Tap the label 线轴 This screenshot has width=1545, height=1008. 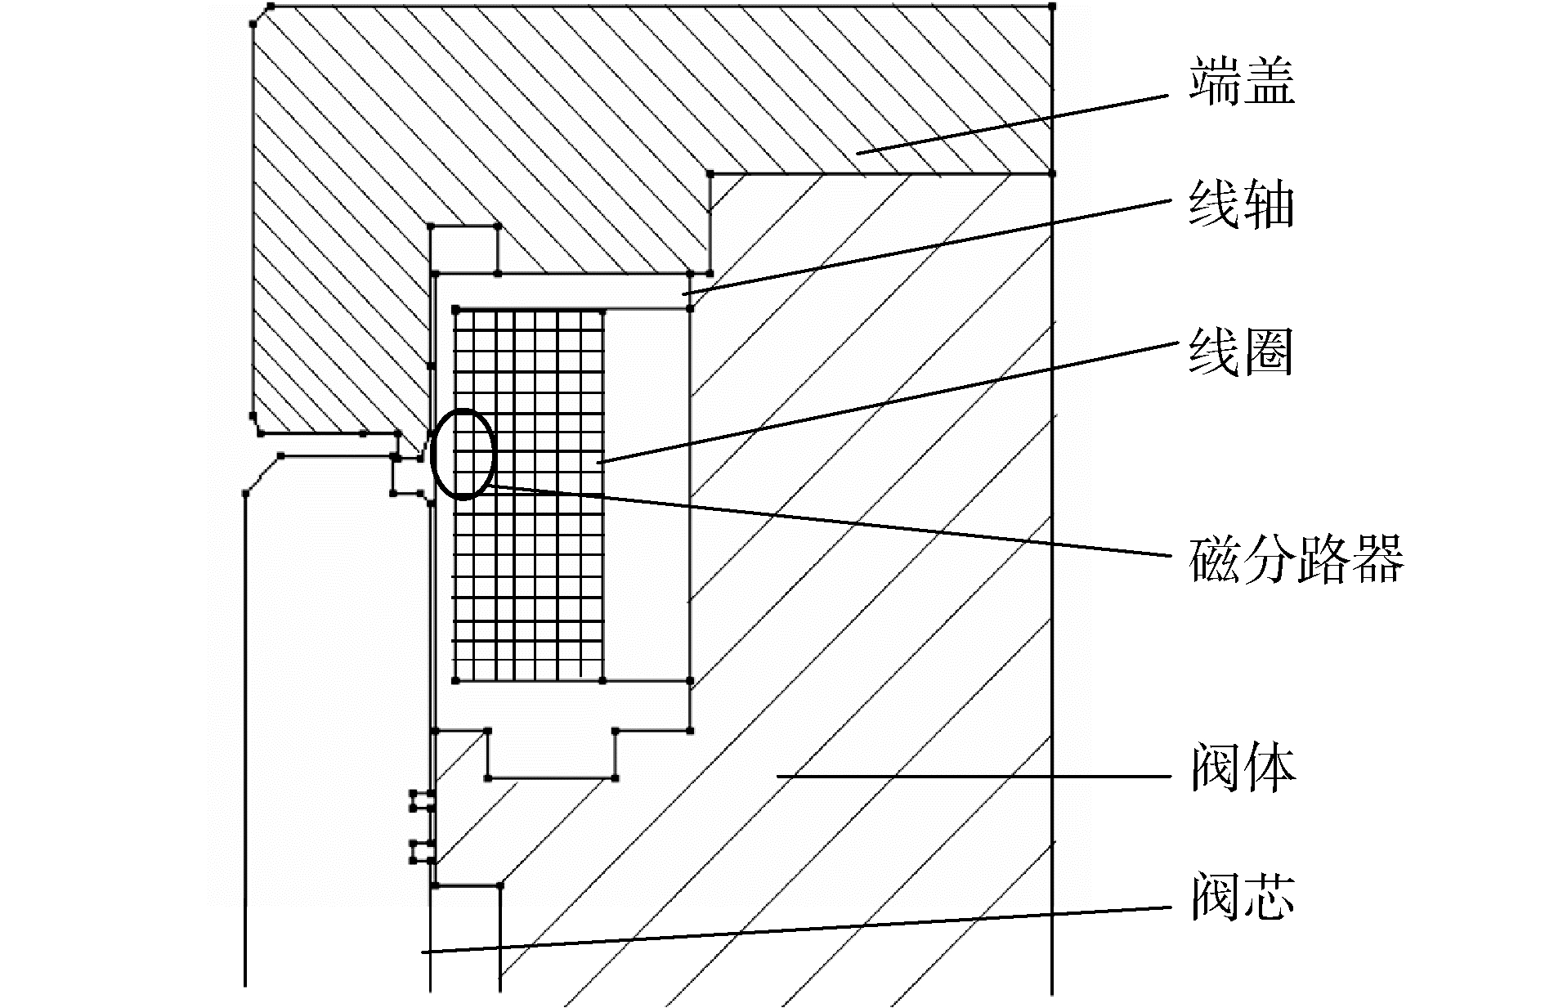[1242, 204]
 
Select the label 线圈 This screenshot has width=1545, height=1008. [1242, 352]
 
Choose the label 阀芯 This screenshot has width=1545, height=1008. [1242, 897]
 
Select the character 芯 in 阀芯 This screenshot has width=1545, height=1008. [1269, 897]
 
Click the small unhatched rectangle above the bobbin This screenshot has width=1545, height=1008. [463, 249]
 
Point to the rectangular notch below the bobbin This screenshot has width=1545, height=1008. [551, 753]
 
